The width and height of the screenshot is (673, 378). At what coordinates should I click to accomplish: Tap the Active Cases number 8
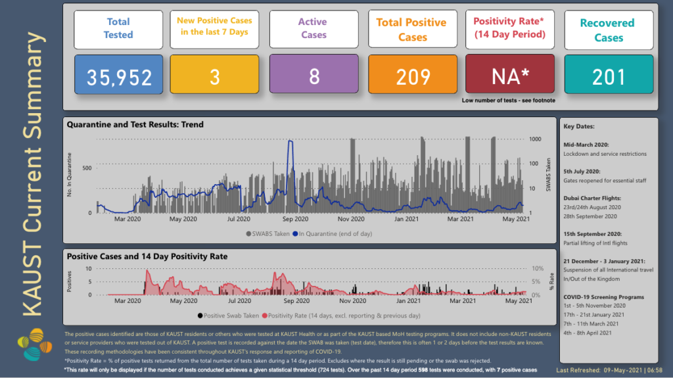click(313, 77)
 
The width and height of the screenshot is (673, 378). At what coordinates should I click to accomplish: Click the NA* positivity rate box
click(512, 77)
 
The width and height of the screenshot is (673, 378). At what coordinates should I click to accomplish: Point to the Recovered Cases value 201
click(609, 77)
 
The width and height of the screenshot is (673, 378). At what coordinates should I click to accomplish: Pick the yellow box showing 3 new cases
click(214, 77)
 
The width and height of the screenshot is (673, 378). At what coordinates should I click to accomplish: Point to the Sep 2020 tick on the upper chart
click(295, 219)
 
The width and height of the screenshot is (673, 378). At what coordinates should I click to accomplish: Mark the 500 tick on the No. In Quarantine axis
click(87, 168)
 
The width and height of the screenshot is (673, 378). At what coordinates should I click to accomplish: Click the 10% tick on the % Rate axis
click(538, 269)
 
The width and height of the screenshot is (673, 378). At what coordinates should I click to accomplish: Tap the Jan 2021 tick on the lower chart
click(409, 301)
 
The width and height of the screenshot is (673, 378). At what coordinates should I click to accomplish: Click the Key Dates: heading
click(578, 126)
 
